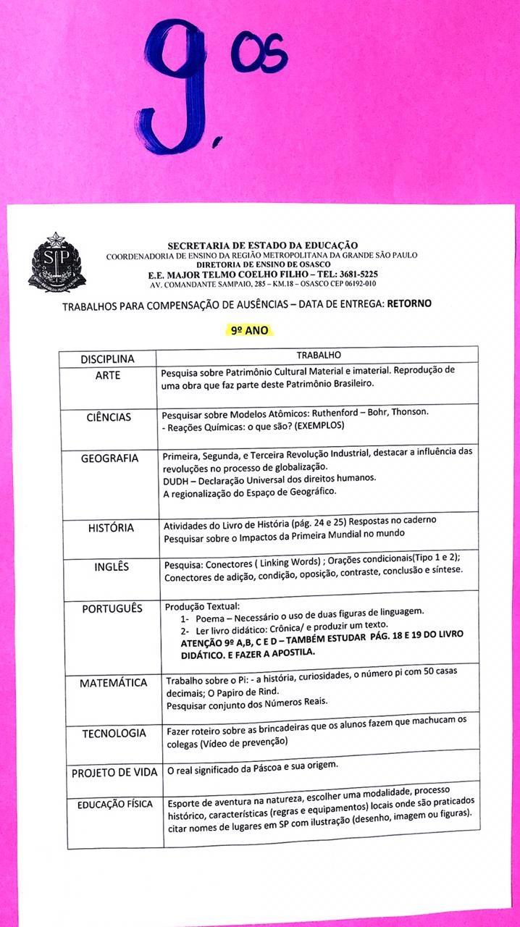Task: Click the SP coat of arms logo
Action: [x=56, y=263]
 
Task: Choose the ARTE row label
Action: [x=107, y=375]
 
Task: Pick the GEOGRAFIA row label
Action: [x=109, y=458]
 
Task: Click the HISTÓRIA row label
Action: [x=111, y=528]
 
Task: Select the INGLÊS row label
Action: [x=112, y=566]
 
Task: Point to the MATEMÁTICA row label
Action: [x=113, y=683]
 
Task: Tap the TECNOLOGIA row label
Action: [x=114, y=733]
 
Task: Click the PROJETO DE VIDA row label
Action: [x=114, y=773]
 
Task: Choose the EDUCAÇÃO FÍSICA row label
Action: [x=115, y=805]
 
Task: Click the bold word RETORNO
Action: [x=409, y=303]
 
